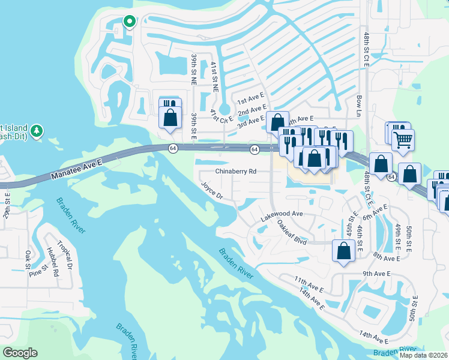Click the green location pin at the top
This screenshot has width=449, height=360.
[x=129, y=22]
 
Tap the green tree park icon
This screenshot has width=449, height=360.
[x=37, y=130]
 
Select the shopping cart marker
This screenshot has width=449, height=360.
[x=403, y=140]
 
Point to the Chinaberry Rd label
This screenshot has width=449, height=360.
[x=236, y=171]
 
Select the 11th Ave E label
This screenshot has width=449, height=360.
[x=309, y=284]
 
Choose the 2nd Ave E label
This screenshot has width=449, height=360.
[x=252, y=112]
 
